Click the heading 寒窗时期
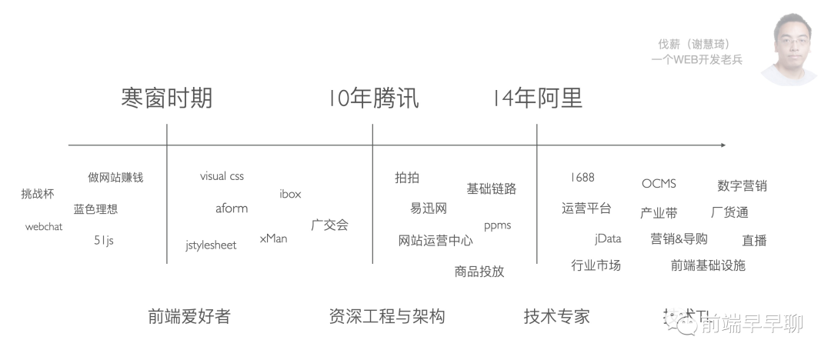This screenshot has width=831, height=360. pyautogui.click(x=166, y=98)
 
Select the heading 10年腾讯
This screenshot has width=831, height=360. pyautogui.click(x=373, y=98)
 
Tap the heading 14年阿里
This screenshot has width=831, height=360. pyautogui.click(x=537, y=98)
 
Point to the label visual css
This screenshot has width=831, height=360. pyautogui.click(x=222, y=176)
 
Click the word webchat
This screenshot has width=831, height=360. pyautogui.click(x=44, y=227)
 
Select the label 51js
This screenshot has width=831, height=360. pyautogui.click(x=104, y=240)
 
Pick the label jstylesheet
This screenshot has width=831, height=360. pyautogui.click(x=211, y=245)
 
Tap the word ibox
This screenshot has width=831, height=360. pyautogui.click(x=290, y=194)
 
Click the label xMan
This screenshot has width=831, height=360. pyautogui.click(x=273, y=238)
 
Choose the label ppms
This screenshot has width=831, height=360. pyautogui.click(x=497, y=225)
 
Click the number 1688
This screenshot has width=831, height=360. pyautogui.click(x=582, y=177)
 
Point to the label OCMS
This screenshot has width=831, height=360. pyautogui.click(x=659, y=184)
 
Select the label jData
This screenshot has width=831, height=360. pyautogui.click(x=608, y=238)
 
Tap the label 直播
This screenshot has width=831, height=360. pyautogui.click(x=754, y=240)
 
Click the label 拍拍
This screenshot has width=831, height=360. pyautogui.click(x=407, y=178)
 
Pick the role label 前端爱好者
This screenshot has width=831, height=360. pyautogui.click(x=189, y=316)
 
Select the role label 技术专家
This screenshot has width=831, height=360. pyautogui.click(x=556, y=316)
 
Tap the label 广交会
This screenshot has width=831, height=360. pyautogui.click(x=329, y=225)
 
